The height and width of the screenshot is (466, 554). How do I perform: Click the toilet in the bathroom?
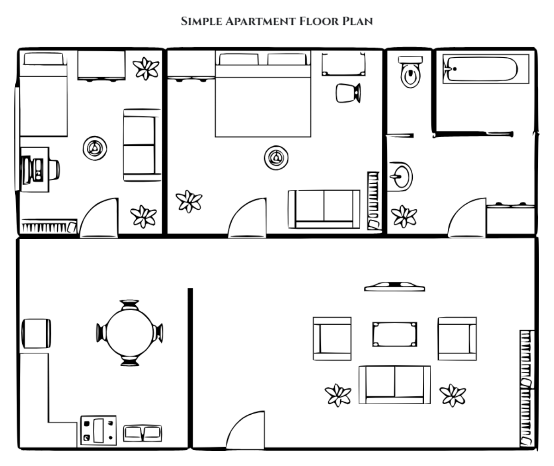click(x=410, y=73)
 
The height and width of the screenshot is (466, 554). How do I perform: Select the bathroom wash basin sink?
click(x=400, y=176)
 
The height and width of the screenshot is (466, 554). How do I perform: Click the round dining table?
click(x=130, y=332)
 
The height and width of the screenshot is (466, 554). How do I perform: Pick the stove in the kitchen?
click(x=98, y=430)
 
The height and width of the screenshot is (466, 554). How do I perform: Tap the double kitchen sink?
click(x=142, y=433)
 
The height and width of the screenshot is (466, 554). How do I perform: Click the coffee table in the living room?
click(x=395, y=334)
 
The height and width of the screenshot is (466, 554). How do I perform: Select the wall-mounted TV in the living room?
click(x=394, y=287)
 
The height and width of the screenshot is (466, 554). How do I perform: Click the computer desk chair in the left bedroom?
click(x=53, y=169)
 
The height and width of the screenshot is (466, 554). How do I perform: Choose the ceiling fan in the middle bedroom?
click(x=276, y=158)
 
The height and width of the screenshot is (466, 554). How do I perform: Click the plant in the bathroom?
click(x=404, y=216)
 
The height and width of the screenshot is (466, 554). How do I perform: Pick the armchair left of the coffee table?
click(x=332, y=339)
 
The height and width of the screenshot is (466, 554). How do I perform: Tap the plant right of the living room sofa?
click(x=452, y=395)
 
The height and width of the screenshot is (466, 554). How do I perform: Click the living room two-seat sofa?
click(x=395, y=384)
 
